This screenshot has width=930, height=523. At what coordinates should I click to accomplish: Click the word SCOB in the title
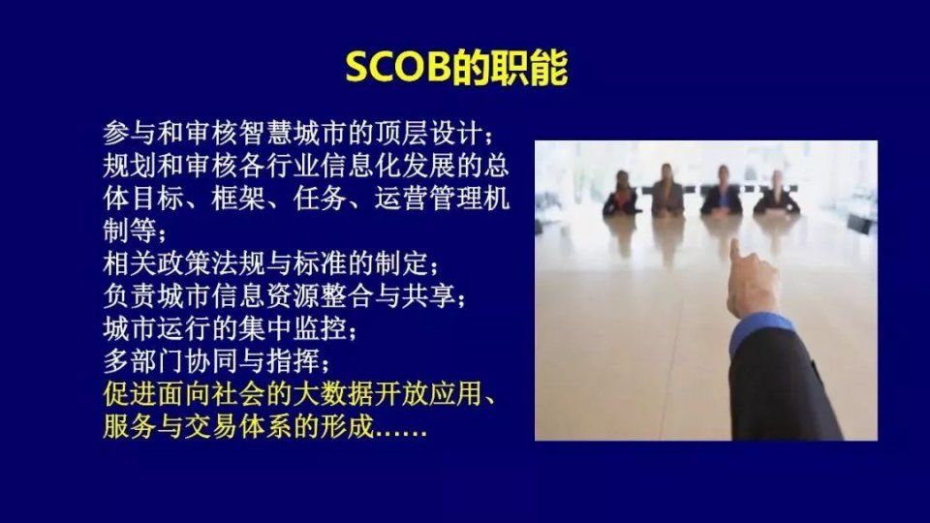pyautogui.click(x=397, y=67)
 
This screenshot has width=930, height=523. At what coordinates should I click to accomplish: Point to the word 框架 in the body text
pyautogui.click(x=238, y=198)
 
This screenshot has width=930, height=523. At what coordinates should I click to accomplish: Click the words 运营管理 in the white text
pyautogui.click(x=428, y=198)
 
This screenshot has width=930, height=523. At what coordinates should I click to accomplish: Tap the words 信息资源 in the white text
pyautogui.click(x=293, y=295)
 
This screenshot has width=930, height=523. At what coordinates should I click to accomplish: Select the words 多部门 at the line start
pyautogui.click(x=143, y=360)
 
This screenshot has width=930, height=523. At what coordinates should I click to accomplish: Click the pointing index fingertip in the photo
pyautogui.click(x=735, y=244)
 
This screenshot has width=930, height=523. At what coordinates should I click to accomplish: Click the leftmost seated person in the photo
pyautogui.click(x=621, y=194)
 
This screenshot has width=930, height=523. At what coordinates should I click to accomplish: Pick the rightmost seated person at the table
pyautogui.click(x=776, y=193)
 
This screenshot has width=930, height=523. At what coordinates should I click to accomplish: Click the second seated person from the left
pyautogui.click(x=667, y=190)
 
